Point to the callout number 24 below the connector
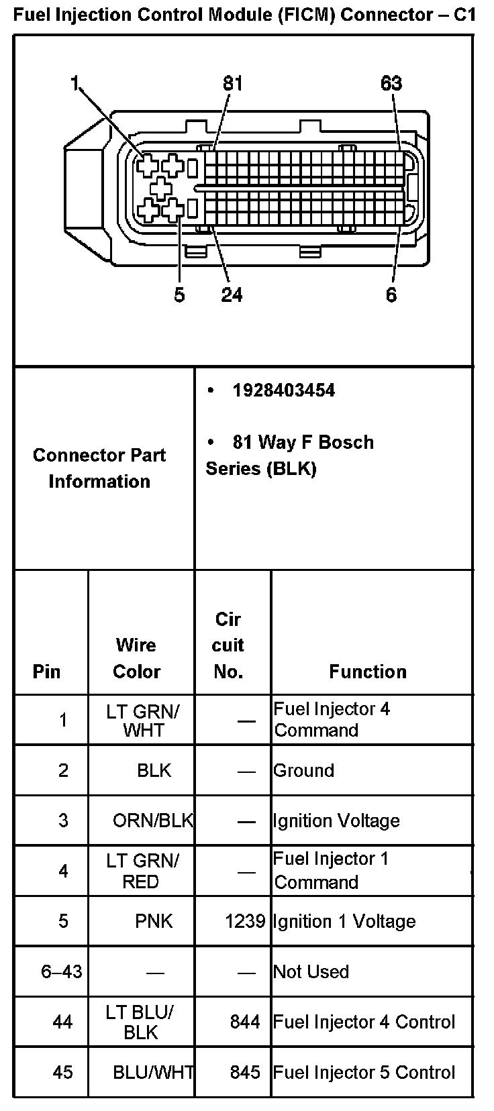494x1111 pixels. click(x=232, y=294)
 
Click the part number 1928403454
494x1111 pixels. click(x=283, y=390)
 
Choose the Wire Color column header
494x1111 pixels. click(x=137, y=658)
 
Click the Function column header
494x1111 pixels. click(x=368, y=672)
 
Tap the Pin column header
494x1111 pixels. click(x=46, y=672)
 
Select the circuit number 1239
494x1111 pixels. click(x=245, y=921)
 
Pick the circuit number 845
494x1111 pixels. click(x=245, y=1072)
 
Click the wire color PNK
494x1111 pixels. click(x=154, y=921)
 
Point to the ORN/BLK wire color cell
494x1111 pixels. click(x=153, y=821)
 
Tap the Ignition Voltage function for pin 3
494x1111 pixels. click(x=336, y=821)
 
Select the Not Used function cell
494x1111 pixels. click(x=311, y=971)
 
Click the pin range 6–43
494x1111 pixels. click(x=62, y=971)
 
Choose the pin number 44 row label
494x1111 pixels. click(x=63, y=1022)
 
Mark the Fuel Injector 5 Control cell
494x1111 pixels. click(x=364, y=1072)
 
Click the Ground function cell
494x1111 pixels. click(x=304, y=770)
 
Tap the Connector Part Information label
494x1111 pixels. click(x=99, y=468)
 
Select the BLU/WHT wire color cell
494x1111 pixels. click(x=153, y=1072)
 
